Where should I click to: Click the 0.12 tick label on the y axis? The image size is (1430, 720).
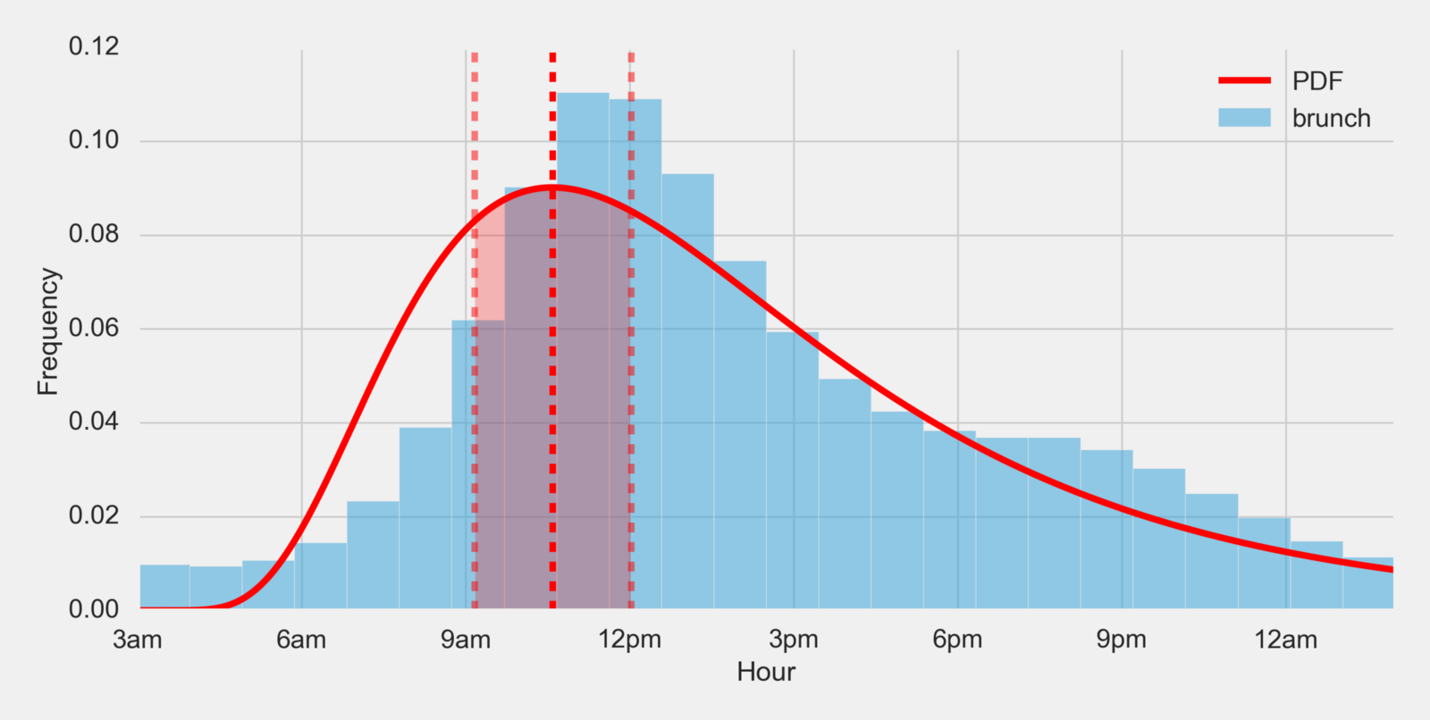[x=94, y=46]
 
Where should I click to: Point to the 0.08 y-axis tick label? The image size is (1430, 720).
[x=94, y=235]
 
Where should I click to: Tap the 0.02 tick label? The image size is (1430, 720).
[x=94, y=516]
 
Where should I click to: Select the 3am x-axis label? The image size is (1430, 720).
[x=138, y=640]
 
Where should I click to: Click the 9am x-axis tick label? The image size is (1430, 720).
[x=466, y=640]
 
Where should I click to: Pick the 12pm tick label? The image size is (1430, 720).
[x=630, y=640]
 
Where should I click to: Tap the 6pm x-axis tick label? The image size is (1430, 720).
[x=957, y=640]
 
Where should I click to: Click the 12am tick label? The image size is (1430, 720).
[x=1286, y=640]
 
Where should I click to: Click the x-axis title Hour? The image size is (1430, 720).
[x=766, y=672]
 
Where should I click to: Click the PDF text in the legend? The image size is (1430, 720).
[x=1317, y=81]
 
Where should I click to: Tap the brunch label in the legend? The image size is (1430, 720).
[x=1331, y=119]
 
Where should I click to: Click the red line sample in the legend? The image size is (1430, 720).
[x=1244, y=80]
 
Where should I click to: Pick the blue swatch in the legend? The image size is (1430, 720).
[x=1244, y=118]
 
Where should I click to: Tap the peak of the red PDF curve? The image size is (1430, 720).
[x=553, y=187]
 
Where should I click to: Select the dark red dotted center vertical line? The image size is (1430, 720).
[x=552, y=402]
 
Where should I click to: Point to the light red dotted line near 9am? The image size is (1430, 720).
[x=475, y=402]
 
